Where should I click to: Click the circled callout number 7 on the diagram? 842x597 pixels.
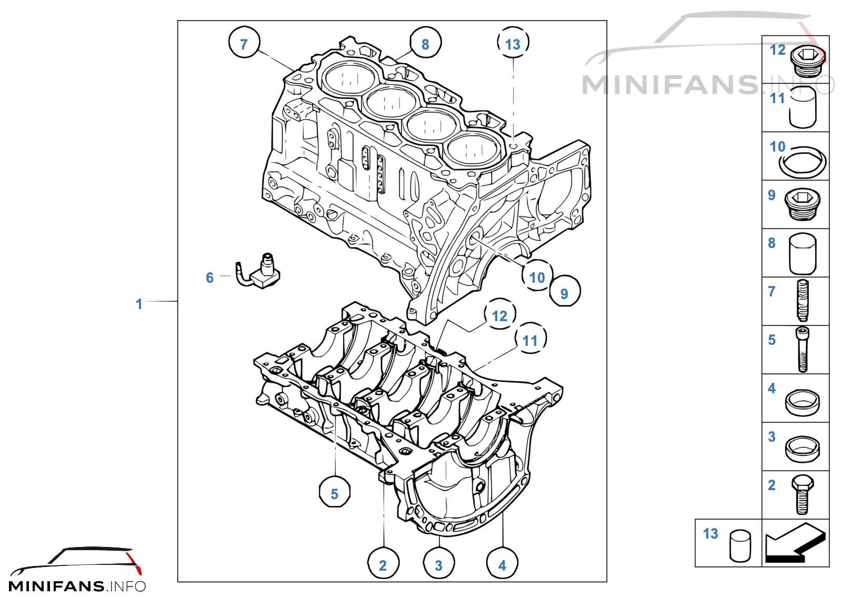tap(244, 42)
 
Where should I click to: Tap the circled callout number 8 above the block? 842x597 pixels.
tap(426, 42)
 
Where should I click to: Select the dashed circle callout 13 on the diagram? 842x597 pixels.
tap(513, 42)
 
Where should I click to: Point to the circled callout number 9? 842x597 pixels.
tap(565, 291)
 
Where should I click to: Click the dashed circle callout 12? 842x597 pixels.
tap(500, 314)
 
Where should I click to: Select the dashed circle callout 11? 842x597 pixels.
tap(530, 338)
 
